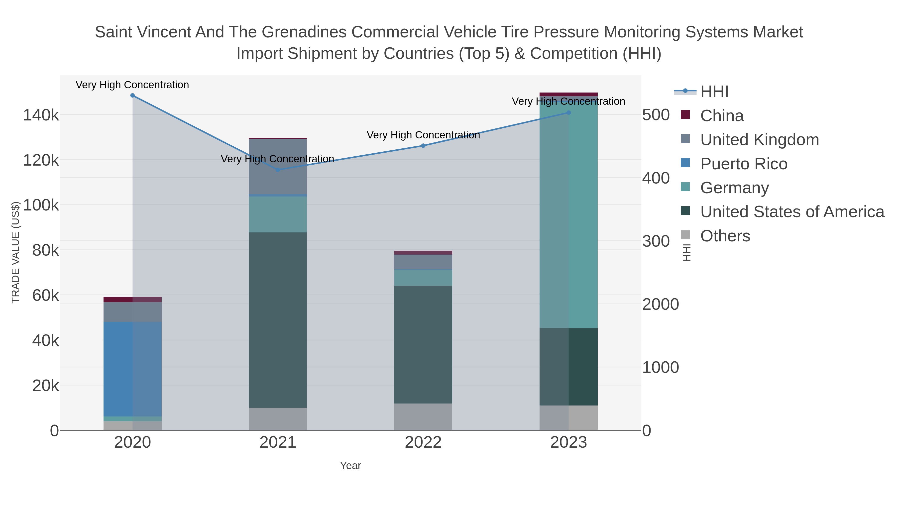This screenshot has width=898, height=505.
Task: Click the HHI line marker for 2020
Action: (132, 96)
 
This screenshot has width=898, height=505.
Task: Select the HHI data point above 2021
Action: (278, 170)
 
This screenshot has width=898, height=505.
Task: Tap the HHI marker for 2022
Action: (423, 146)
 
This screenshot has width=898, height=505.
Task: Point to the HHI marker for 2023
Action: (568, 112)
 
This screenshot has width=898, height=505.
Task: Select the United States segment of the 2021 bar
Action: (278, 320)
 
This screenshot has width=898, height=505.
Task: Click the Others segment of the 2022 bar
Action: (423, 417)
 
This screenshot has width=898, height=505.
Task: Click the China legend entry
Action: (722, 116)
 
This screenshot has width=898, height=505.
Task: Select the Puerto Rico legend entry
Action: (744, 164)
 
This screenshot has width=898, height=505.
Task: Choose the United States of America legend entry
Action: (792, 212)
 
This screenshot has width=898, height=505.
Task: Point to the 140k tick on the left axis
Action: (41, 115)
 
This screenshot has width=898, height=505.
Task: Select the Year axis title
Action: (350, 466)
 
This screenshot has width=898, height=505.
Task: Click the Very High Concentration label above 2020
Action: (132, 85)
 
